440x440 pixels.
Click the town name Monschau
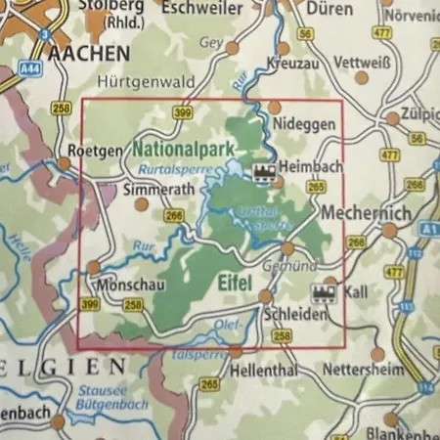point(130,285)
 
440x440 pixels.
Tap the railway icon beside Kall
point(323,292)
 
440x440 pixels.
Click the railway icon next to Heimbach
point(263,173)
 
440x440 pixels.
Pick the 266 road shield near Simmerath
point(174,216)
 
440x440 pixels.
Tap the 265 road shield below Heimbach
point(316,186)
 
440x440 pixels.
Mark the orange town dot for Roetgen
point(65,164)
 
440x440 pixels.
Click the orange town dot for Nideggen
point(275,107)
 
